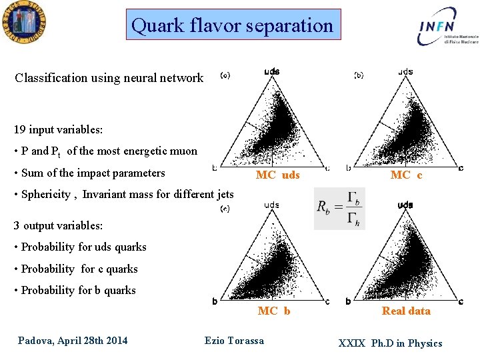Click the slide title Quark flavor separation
pos(233,25)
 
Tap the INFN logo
pos(446,27)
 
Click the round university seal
pos(23,23)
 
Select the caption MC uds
pos(278,175)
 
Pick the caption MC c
pos(406,175)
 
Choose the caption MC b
pos(274,311)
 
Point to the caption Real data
pos(406,311)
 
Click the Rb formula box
pos(339,209)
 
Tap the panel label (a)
pos(225,75)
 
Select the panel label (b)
pos(359,75)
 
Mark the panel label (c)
pos(225,209)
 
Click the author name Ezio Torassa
pos(234,341)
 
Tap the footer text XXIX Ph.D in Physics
pos(390,343)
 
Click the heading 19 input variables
pos(54,129)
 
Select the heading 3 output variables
pos(58,225)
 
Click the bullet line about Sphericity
pos(124,195)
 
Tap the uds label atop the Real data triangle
pos(405,205)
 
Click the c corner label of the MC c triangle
pos(461,168)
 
